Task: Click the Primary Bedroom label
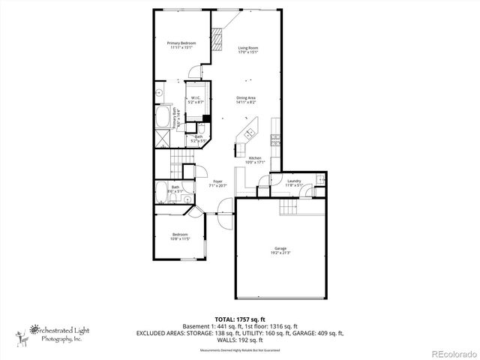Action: (181, 46)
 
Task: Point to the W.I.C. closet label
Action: (195, 99)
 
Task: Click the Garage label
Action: (280, 250)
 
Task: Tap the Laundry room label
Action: (295, 181)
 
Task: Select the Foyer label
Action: (217, 183)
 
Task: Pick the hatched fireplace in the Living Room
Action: (217, 38)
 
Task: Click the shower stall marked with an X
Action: (162, 138)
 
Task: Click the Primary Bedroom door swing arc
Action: (194, 72)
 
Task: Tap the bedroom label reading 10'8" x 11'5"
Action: (180, 237)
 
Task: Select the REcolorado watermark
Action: (453, 353)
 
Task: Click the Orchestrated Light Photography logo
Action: (52, 332)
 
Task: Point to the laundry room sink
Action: (319, 179)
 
